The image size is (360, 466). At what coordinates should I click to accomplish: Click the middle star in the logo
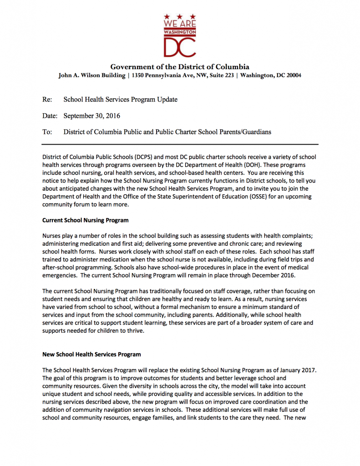pos(180,17)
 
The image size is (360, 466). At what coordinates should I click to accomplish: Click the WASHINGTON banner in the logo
pos(180,32)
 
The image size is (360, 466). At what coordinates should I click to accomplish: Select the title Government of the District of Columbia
pos(180,66)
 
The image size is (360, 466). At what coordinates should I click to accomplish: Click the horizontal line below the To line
pos(180,144)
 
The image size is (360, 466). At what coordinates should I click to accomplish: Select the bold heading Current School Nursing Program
pos(85,220)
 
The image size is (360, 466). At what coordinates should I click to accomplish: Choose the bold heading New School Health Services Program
pos(91,354)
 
